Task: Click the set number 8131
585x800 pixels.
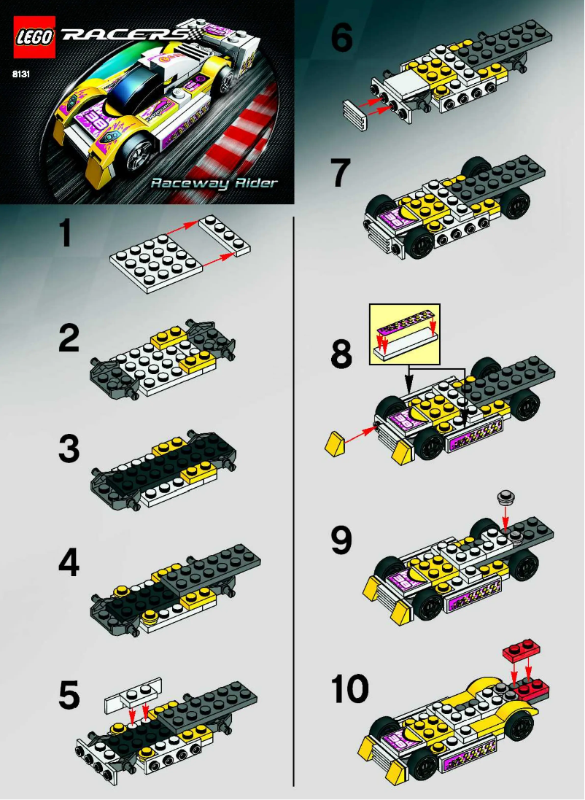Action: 20,74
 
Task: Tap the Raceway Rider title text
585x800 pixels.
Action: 214,183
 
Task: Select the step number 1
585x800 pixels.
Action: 66,236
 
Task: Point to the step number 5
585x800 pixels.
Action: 69,696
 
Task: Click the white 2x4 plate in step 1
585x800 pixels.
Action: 225,236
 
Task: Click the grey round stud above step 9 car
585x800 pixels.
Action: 508,497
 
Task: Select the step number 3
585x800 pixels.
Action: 69,449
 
